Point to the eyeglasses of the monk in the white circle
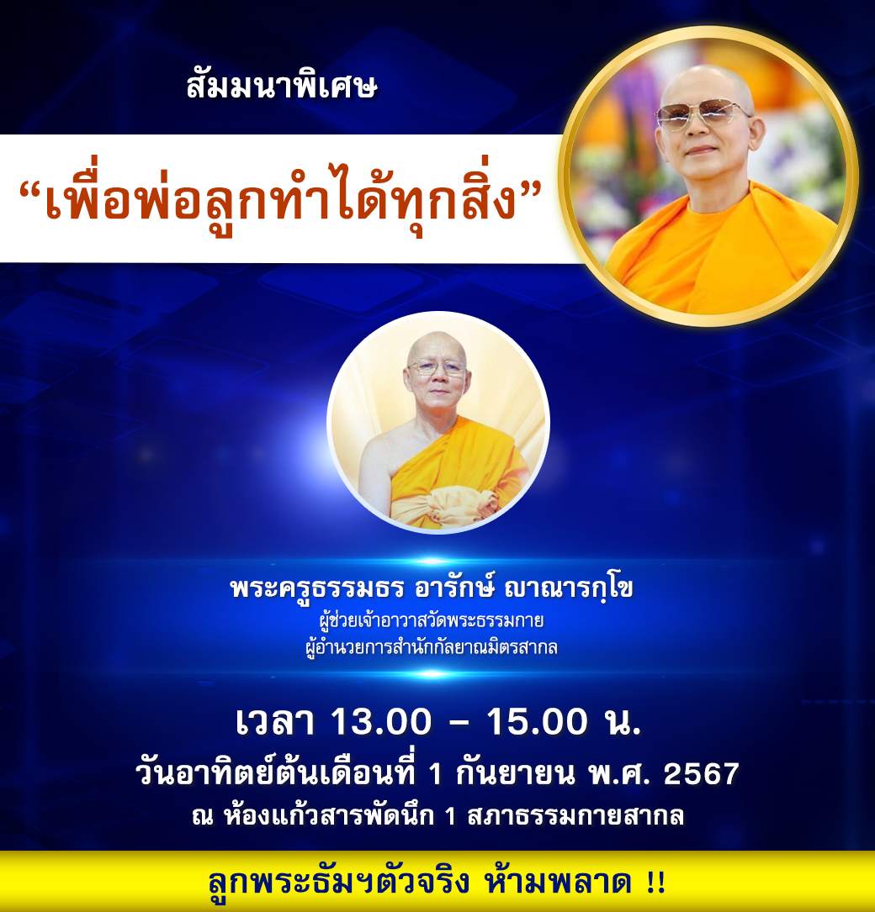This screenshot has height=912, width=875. [437, 368]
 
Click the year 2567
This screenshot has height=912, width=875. [701, 773]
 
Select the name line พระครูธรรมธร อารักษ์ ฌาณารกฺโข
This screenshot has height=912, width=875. [432, 588]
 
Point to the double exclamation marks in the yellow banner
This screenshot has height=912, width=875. [656, 883]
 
